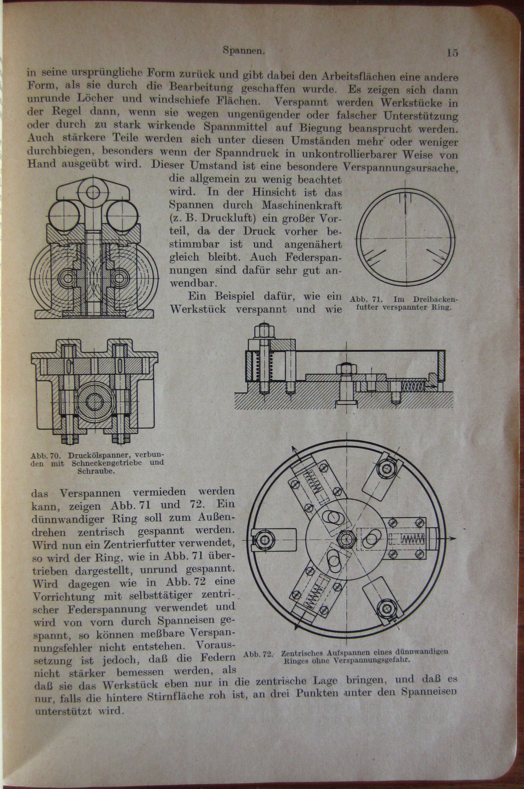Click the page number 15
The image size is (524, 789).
pos(452,53)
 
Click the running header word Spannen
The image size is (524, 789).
pos(244,51)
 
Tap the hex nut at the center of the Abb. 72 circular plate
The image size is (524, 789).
pos(346,539)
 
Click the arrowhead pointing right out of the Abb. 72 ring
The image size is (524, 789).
pos(453,538)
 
